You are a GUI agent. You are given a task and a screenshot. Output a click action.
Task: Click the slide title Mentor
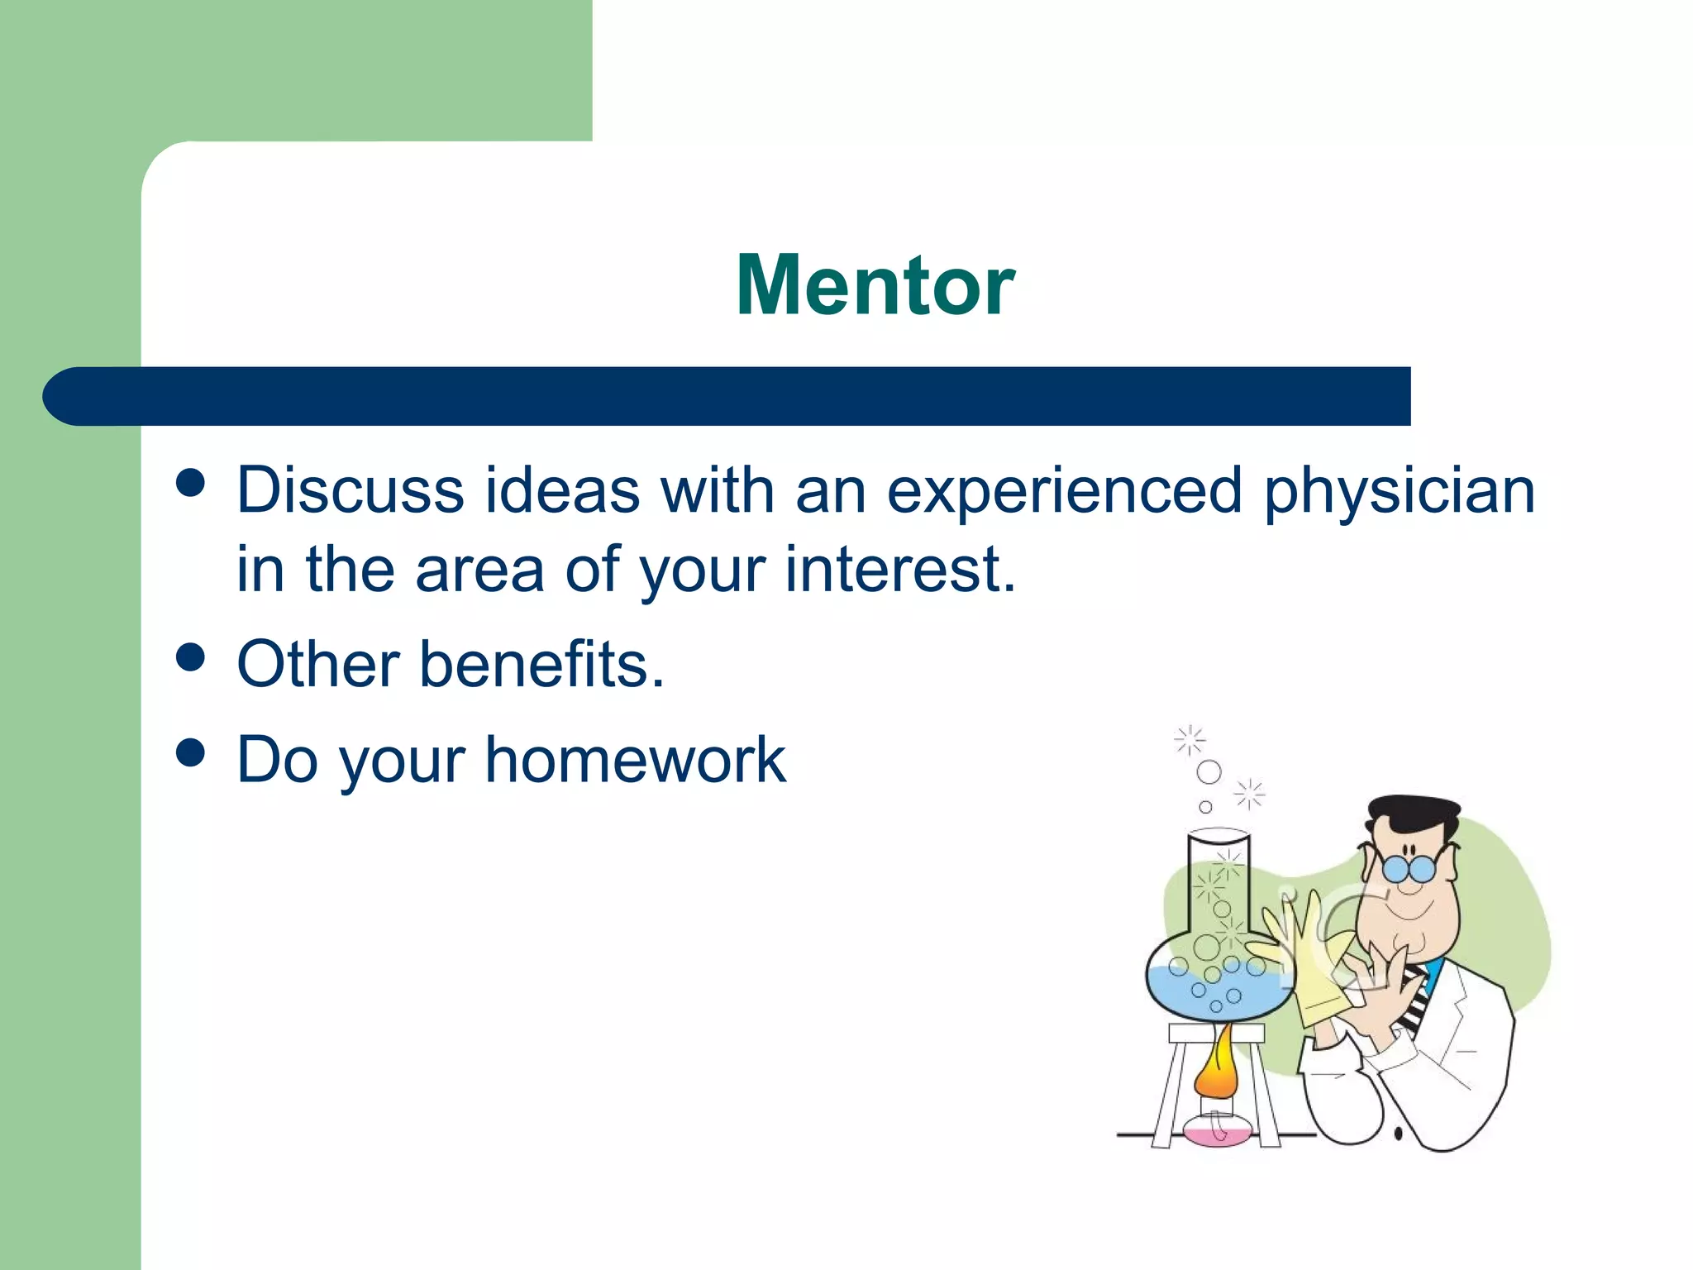point(875,285)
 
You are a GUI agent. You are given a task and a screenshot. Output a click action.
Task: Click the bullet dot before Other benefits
point(191,658)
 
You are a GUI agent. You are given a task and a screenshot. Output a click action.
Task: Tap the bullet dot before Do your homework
point(191,753)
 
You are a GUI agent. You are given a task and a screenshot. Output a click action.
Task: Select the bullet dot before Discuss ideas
point(191,483)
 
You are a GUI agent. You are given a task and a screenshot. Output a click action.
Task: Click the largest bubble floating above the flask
point(1209,772)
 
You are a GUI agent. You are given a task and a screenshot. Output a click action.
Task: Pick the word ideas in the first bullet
point(562,490)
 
